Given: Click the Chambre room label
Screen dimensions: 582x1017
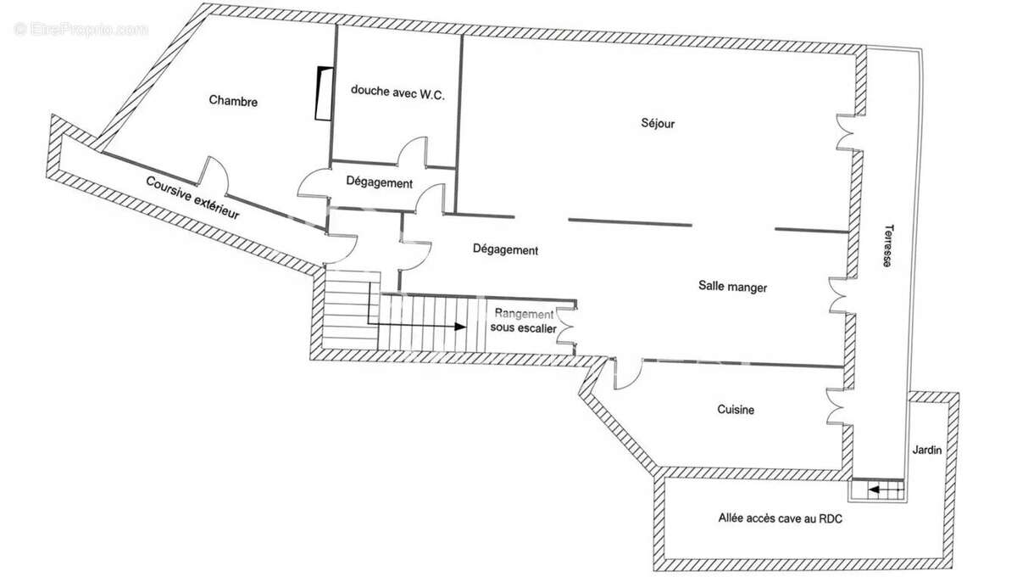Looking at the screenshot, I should (233, 101).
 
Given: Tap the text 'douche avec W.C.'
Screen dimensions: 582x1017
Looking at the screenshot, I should (397, 94).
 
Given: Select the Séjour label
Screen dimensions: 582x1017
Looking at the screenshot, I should (658, 124).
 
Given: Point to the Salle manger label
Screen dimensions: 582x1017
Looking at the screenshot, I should (732, 288).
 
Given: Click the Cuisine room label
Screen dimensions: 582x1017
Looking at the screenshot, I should (736, 410).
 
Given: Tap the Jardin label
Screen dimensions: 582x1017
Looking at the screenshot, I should (927, 450).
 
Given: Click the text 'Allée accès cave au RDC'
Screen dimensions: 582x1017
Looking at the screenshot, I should (781, 518).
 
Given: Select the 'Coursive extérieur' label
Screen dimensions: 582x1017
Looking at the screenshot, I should (192, 198).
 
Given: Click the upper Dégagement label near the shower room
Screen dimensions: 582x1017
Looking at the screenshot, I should (380, 183).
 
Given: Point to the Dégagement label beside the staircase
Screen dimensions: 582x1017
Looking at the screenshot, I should (505, 250).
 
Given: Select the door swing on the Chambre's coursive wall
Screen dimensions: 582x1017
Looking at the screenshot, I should (213, 172).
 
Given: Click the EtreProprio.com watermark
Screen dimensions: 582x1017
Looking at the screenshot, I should (81, 29).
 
